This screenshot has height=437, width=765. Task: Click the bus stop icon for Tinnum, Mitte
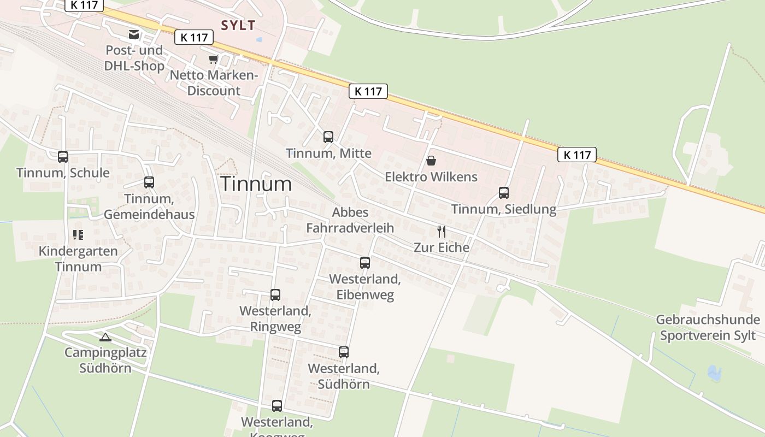point(328,137)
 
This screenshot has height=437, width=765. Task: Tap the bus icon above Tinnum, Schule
point(63,157)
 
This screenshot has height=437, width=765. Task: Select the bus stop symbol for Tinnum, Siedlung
point(503,193)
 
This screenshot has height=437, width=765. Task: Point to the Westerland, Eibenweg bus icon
point(365,263)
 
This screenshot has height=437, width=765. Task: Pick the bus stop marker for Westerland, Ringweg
point(275,295)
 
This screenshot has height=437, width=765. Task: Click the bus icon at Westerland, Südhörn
point(343,352)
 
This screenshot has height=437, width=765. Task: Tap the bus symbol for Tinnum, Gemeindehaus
point(149,182)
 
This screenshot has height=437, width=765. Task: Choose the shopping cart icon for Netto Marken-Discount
point(213,59)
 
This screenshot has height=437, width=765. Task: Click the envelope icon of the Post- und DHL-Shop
point(134,34)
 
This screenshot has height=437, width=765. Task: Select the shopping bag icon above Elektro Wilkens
point(431,161)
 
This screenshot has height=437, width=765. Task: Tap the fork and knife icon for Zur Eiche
point(442,231)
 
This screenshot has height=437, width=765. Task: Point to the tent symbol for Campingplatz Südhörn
point(105,337)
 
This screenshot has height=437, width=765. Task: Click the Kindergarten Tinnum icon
point(78,235)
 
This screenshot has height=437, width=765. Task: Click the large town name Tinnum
point(256,184)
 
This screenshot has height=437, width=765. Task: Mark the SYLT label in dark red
point(238,25)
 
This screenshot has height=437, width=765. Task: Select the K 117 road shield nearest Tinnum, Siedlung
point(577,155)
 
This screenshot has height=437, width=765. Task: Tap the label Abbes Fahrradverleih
point(350,220)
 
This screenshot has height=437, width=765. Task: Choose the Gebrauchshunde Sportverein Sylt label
point(708,327)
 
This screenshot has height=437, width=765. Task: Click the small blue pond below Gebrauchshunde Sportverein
point(714,374)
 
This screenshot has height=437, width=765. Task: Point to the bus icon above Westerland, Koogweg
point(277,406)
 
